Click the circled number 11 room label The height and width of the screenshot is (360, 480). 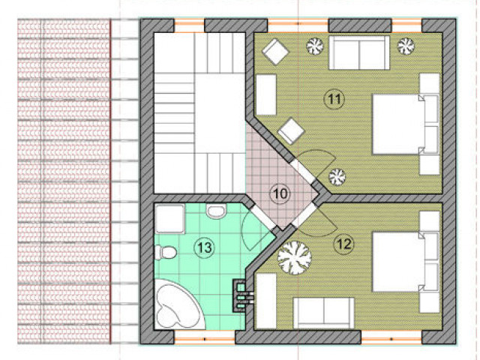(334, 99)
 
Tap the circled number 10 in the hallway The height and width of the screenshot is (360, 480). (280, 193)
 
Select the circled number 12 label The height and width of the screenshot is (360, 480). (344, 244)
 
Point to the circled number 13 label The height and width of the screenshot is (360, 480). (204, 247)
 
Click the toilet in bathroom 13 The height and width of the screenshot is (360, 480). (165, 253)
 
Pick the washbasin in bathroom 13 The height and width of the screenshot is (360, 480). (216, 211)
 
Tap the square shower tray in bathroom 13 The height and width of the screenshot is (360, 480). (170, 219)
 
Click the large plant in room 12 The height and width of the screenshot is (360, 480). (295, 257)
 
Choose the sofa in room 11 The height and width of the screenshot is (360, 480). (359, 52)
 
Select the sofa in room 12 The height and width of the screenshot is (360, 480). (324, 312)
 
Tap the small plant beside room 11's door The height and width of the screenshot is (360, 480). (337, 177)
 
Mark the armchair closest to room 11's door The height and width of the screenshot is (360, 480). (291, 131)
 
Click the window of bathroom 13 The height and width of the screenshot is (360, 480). (205, 337)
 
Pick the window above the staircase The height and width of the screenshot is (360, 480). (189, 25)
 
